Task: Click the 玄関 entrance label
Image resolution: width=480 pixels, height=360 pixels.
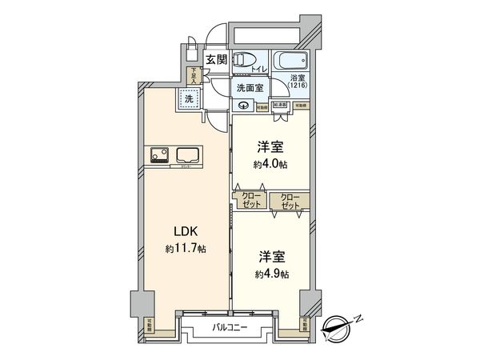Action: click(214, 60)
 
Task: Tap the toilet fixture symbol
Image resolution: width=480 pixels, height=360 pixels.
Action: click(244, 58)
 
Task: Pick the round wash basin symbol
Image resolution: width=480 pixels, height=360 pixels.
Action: click(243, 104)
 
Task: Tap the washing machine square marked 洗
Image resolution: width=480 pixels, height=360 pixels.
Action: click(190, 100)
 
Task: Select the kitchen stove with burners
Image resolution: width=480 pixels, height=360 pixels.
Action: click(157, 154)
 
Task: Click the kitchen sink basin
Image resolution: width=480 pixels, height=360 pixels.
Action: click(189, 154)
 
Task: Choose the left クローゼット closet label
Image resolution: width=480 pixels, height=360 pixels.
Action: click(251, 200)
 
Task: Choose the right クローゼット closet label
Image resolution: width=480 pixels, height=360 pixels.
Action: click(290, 200)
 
